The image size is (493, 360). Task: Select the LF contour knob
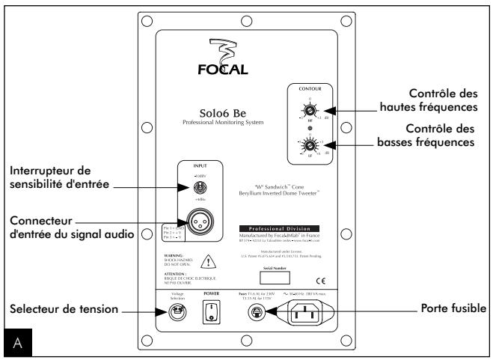[x=306, y=144]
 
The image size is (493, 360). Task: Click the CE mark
[x=319, y=260]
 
